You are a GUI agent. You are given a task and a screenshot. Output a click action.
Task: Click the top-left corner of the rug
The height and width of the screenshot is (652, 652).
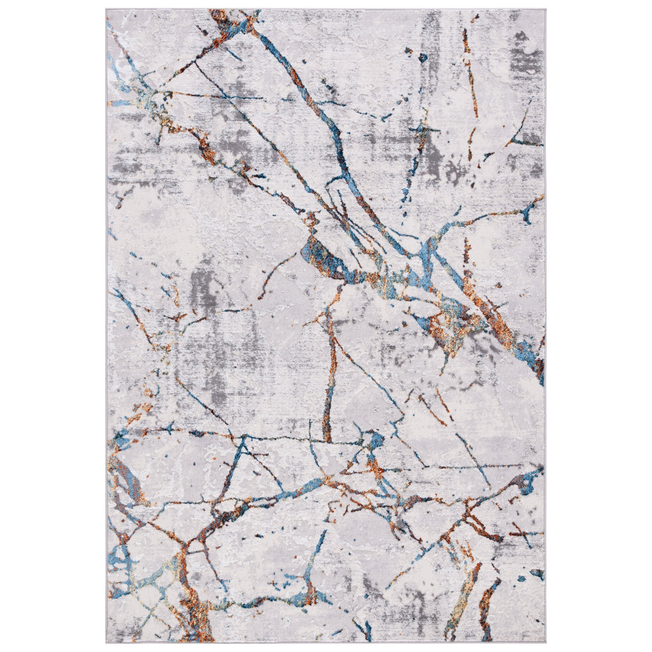point(107,10)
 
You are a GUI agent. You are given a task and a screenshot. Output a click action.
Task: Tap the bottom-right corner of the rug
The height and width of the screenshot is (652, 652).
point(545,642)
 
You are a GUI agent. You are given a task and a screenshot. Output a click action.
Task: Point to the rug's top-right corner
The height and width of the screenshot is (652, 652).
point(545,10)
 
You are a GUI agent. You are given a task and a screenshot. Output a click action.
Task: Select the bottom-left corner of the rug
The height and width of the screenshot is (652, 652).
point(107,642)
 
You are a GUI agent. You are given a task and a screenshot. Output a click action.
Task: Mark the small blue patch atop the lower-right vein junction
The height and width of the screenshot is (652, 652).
point(377,439)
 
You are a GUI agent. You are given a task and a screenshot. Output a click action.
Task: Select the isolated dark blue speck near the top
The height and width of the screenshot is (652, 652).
point(422,58)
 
